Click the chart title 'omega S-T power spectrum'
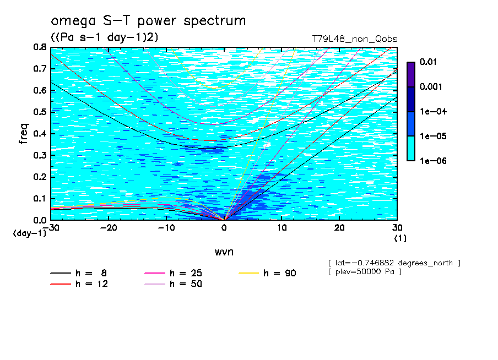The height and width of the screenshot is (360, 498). tap(148, 21)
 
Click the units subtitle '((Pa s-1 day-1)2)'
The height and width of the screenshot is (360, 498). tap(104, 37)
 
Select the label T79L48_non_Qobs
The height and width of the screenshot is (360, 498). tap(354, 39)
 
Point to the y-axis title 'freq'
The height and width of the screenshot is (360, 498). tap(23, 133)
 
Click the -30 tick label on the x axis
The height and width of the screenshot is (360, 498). tap(51, 227)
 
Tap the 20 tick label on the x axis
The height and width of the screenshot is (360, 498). tap(339, 227)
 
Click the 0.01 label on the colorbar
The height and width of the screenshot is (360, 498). tap(428, 62)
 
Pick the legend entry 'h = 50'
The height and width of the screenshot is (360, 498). tap(186, 284)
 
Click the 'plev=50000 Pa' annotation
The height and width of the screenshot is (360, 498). tap(364, 272)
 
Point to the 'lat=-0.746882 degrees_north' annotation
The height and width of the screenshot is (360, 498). tap(394, 263)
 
